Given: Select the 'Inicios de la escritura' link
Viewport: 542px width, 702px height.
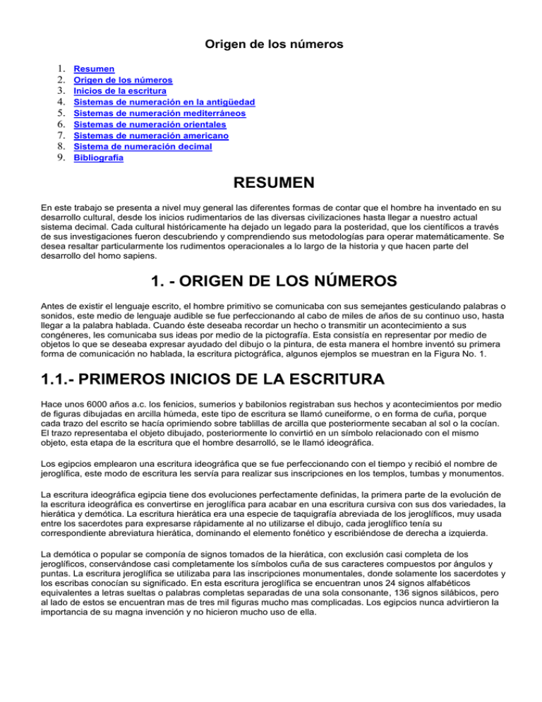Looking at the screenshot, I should pyautogui.click(x=120, y=91).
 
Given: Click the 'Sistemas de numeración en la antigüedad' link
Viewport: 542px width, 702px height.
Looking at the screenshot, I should pyautogui.click(x=164, y=102).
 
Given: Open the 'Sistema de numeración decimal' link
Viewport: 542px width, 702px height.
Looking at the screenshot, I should pyautogui.click(x=143, y=147).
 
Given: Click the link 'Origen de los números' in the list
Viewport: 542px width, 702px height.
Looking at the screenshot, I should pyautogui.click(x=124, y=81).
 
